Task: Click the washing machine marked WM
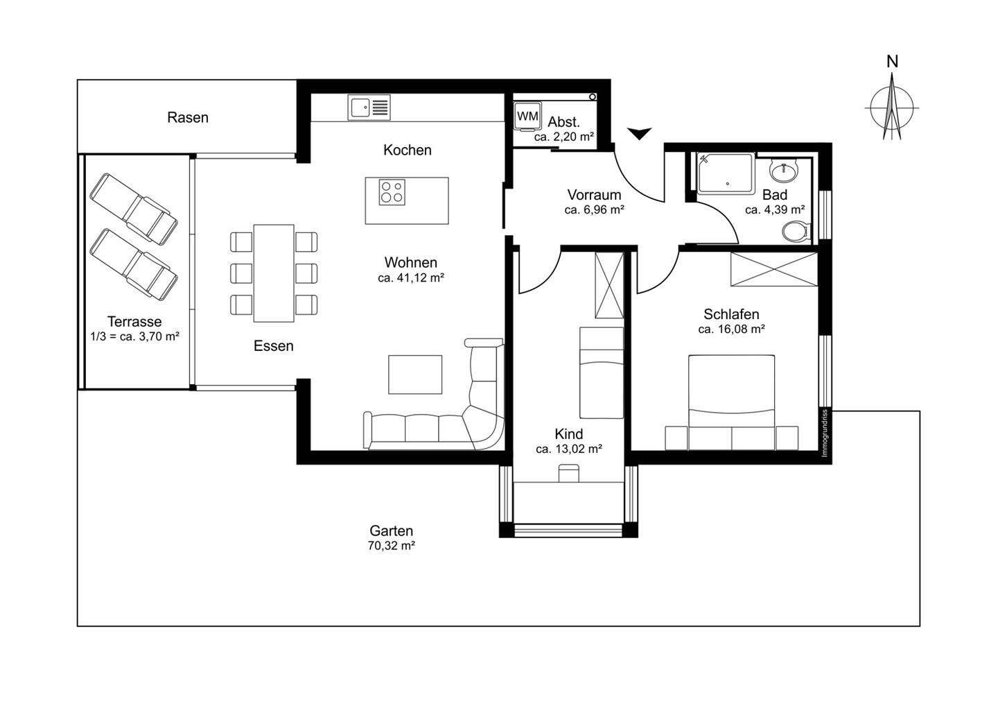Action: coord(527,117)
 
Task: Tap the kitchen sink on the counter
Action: coord(370,107)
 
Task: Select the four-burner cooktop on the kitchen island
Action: coord(392,191)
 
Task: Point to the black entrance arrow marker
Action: coord(639,133)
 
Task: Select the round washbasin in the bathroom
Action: coord(788,170)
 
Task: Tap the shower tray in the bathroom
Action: coord(725,173)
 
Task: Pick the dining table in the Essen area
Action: coord(274,273)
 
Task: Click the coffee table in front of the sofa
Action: coord(414,374)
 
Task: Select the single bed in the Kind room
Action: coord(601,373)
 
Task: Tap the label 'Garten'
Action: coord(392,531)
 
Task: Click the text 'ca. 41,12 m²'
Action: coord(411,277)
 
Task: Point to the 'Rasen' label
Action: coord(188,118)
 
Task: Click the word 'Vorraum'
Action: coord(594,195)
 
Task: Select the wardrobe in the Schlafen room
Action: coord(774,269)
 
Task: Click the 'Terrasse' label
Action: coord(134,322)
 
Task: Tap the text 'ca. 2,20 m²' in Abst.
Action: coord(563,137)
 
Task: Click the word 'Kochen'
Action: coord(408,150)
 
